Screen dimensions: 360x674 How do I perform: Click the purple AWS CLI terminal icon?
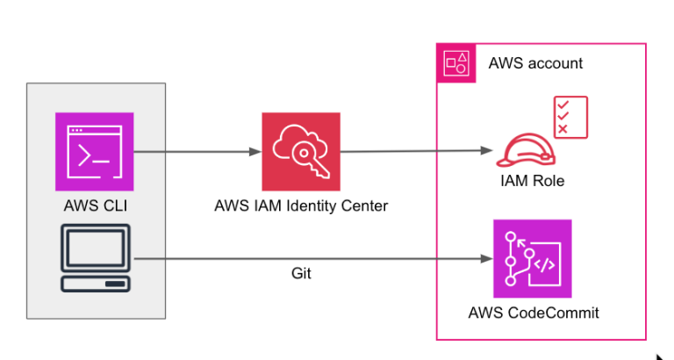pyautogui.click(x=95, y=151)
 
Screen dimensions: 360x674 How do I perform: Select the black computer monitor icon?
pyautogui.click(x=95, y=258)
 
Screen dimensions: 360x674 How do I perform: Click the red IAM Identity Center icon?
pyautogui.click(x=301, y=151)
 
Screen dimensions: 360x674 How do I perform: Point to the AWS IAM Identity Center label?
pyautogui.click(x=301, y=207)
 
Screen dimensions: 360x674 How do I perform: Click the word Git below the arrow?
pyautogui.click(x=301, y=274)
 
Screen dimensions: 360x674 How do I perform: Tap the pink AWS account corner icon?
pyautogui.click(x=455, y=63)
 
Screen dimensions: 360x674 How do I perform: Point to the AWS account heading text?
pyautogui.click(x=535, y=64)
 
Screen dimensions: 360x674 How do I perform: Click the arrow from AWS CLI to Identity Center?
pyautogui.click(x=197, y=152)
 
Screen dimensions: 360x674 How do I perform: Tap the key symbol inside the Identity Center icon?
pyautogui.click(x=312, y=160)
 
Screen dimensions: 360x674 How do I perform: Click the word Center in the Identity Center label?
pyautogui.click(x=365, y=207)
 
